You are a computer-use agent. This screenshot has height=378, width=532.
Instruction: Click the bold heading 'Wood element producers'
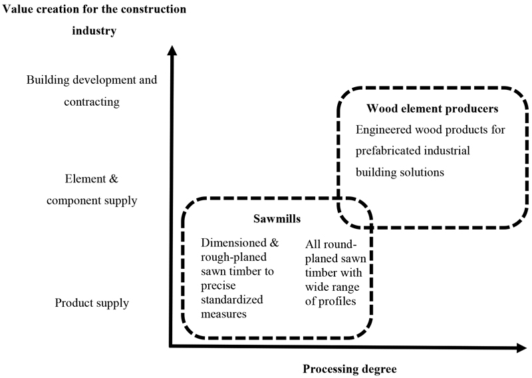(x=423, y=108)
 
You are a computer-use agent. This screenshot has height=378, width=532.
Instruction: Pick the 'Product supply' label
(x=92, y=303)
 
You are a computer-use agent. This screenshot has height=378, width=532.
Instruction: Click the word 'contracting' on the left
(x=91, y=102)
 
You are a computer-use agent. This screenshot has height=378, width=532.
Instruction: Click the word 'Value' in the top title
(x=19, y=9)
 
